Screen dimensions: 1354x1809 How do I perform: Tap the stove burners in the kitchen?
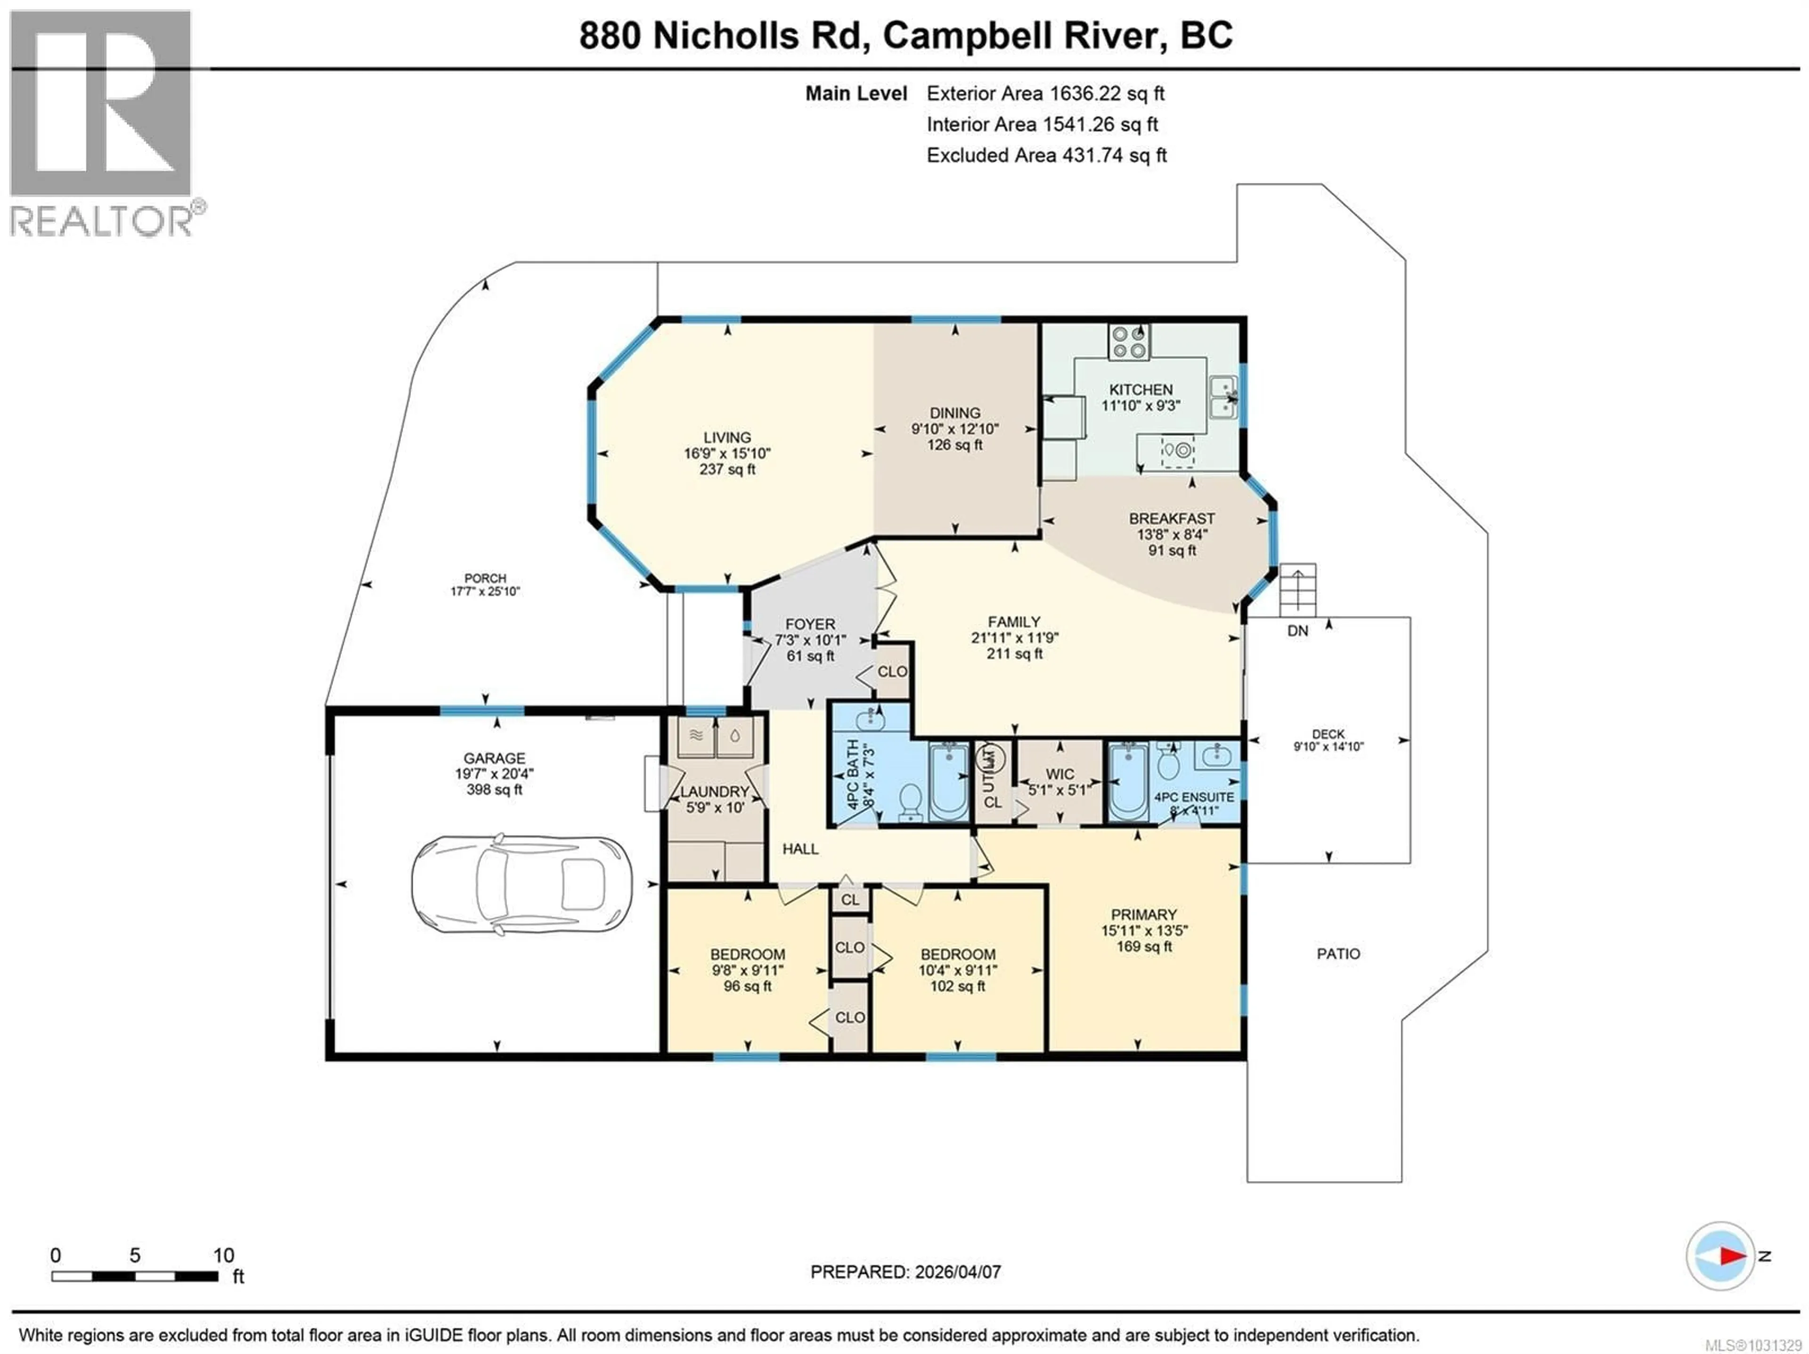pyautogui.click(x=1129, y=342)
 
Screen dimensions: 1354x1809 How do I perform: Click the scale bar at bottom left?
pyautogui.click(x=135, y=1275)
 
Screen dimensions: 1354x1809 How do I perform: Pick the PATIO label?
pyautogui.click(x=1338, y=953)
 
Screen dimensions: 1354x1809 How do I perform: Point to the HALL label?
pyautogui.click(x=800, y=849)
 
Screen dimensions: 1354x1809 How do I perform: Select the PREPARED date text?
pyautogui.click(x=905, y=1272)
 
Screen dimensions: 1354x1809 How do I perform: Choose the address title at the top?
pyautogui.click(x=905, y=35)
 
